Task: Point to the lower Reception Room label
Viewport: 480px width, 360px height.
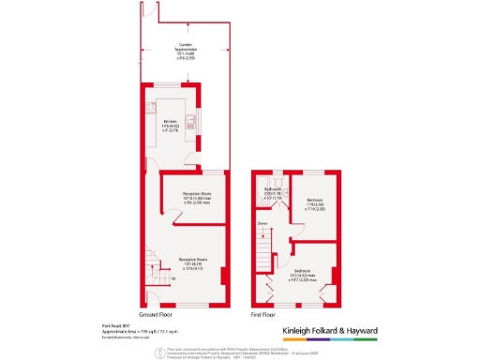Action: click(193, 265)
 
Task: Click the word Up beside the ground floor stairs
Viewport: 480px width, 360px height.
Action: click(172, 278)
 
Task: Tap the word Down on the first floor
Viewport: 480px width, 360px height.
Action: click(264, 223)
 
